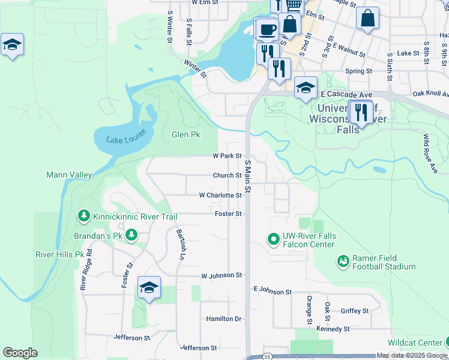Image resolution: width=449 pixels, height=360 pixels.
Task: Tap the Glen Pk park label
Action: [x=185, y=134]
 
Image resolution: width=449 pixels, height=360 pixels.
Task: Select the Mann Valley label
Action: [x=69, y=175]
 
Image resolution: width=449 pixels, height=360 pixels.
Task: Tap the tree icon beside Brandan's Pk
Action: [x=130, y=236]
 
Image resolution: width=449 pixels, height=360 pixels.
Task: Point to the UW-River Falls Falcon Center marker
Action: [x=274, y=240]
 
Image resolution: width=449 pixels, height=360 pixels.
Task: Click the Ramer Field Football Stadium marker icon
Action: [x=343, y=262]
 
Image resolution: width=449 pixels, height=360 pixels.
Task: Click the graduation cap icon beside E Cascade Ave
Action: [x=306, y=87]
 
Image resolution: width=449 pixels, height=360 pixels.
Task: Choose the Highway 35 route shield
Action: [x=267, y=356]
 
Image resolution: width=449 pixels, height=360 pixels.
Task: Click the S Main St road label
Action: [x=247, y=176]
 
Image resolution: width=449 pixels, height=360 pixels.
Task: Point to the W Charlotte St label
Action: [x=220, y=195]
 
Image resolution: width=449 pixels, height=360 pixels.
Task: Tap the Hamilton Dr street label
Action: [x=223, y=319]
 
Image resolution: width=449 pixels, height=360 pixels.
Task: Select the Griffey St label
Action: [x=354, y=311]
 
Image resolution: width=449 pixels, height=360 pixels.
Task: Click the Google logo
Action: [x=20, y=353]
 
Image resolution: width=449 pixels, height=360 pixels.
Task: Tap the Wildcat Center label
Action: [x=414, y=343]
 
